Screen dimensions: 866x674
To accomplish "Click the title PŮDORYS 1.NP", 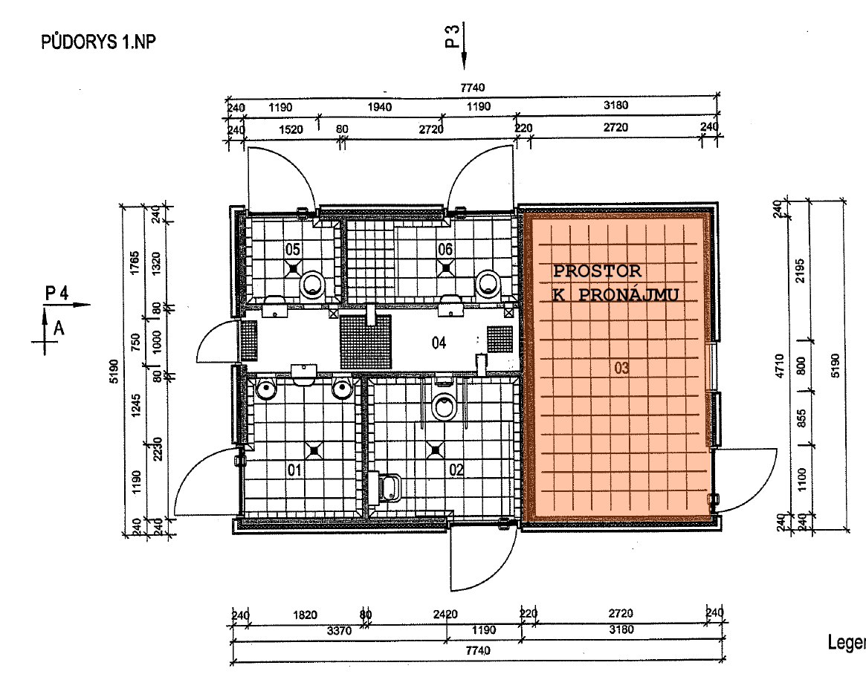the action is click(98, 42).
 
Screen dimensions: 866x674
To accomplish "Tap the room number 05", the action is click(293, 250).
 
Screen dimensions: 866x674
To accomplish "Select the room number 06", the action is click(445, 250).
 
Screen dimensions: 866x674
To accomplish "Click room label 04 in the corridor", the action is click(439, 343).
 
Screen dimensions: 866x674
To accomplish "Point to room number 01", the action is click(295, 470).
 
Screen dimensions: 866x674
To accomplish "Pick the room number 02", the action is click(456, 470).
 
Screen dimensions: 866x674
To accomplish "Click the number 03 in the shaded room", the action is click(621, 368).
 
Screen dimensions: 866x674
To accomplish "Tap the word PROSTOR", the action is click(597, 271).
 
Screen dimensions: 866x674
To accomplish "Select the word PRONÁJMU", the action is click(629, 295).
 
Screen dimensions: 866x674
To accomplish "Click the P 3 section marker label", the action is click(453, 36).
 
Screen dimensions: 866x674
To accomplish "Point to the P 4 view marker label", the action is click(57, 294).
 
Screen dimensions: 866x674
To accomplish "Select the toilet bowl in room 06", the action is click(488, 284).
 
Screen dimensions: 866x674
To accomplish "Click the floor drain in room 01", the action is click(314, 450).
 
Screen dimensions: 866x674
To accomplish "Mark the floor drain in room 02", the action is click(436, 450).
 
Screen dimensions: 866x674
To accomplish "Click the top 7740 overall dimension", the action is click(473, 87).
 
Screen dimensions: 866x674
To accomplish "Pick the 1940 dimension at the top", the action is click(379, 106).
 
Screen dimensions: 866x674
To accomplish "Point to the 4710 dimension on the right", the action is click(779, 366).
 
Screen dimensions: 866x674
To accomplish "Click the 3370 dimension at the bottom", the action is click(339, 630).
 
